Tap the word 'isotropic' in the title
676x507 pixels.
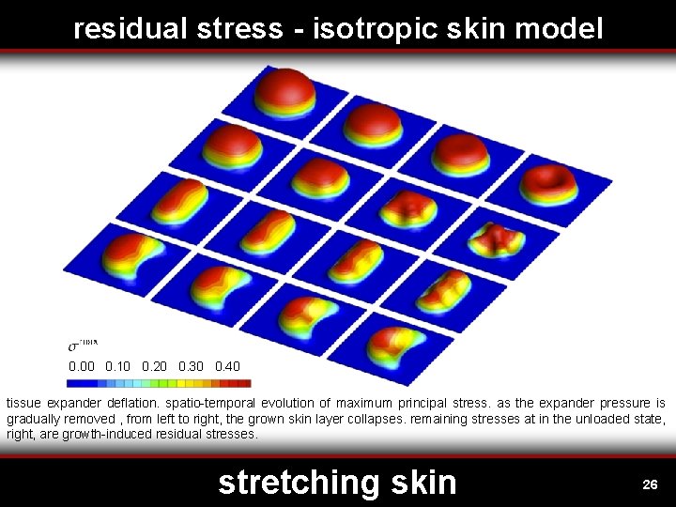(x=361, y=29)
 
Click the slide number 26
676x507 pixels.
(x=649, y=484)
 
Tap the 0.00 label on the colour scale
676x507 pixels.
(x=82, y=366)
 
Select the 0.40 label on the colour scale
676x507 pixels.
(x=227, y=366)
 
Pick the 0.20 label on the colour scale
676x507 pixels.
(x=155, y=366)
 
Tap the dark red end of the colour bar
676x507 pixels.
(x=244, y=383)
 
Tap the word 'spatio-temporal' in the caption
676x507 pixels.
(x=215, y=404)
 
